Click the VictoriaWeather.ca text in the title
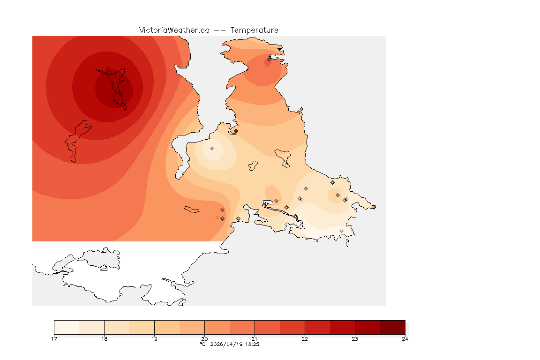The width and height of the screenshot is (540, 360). pos(174,30)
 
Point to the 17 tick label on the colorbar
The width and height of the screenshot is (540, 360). pos(54,339)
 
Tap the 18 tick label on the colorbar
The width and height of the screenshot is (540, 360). pos(104,339)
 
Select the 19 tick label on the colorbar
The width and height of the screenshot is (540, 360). pos(154,339)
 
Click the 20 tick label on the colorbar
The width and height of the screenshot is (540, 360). pos(204,339)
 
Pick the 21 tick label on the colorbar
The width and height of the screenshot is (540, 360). pos(255,339)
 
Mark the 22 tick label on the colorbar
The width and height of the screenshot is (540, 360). pos(305,339)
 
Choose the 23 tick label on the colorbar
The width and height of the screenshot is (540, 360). pos(355,339)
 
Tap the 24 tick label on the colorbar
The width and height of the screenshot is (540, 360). pos(405,339)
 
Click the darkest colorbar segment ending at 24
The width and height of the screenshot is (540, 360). pos(392,327)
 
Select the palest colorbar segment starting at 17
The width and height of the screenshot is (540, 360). pos(67,327)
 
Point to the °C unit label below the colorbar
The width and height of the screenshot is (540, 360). pos(202,344)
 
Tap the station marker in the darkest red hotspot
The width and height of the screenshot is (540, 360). pos(108,68)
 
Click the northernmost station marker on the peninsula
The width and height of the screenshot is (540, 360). pos(269,59)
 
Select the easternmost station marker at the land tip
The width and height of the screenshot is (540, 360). pos(374,207)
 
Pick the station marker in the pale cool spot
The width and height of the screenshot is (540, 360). pos(212,148)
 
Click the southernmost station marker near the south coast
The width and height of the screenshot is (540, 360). pos(341,231)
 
